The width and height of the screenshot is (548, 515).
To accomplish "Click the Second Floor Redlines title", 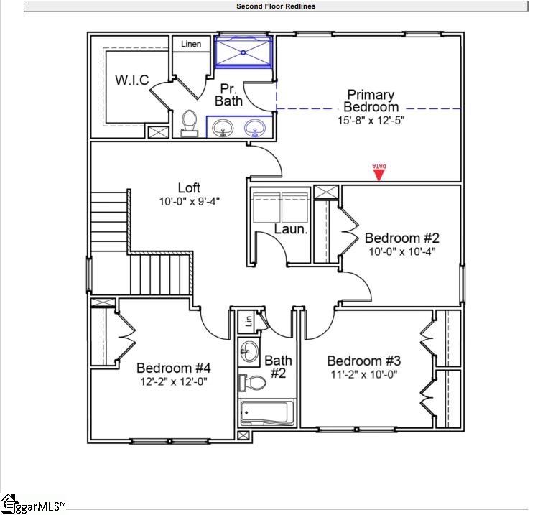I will point(276,6).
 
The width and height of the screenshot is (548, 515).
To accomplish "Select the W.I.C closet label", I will point(132,80).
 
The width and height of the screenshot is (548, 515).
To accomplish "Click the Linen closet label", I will point(191,44).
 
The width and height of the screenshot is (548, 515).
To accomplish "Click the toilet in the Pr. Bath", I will point(190,123).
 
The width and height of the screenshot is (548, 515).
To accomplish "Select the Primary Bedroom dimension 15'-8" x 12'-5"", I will point(371,121).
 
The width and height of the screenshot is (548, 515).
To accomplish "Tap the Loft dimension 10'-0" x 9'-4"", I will point(189,202).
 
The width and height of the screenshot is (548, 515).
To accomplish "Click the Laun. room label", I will point(291,230).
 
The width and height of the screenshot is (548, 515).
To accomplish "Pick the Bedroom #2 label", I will point(401,238).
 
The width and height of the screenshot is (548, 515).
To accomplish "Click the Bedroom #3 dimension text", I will point(363,374).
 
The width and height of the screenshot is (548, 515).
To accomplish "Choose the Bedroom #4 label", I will point(173,368).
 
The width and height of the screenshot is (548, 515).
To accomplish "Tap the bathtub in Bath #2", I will point(264,414).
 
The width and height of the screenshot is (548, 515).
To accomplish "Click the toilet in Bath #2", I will point(252,382).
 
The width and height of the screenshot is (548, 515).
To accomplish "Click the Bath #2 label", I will point(278,366).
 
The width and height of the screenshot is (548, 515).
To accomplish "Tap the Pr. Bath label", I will point(228,94).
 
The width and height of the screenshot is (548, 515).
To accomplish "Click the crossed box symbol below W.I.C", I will point(157,132).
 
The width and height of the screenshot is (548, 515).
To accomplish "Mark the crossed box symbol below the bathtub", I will point(244,435).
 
